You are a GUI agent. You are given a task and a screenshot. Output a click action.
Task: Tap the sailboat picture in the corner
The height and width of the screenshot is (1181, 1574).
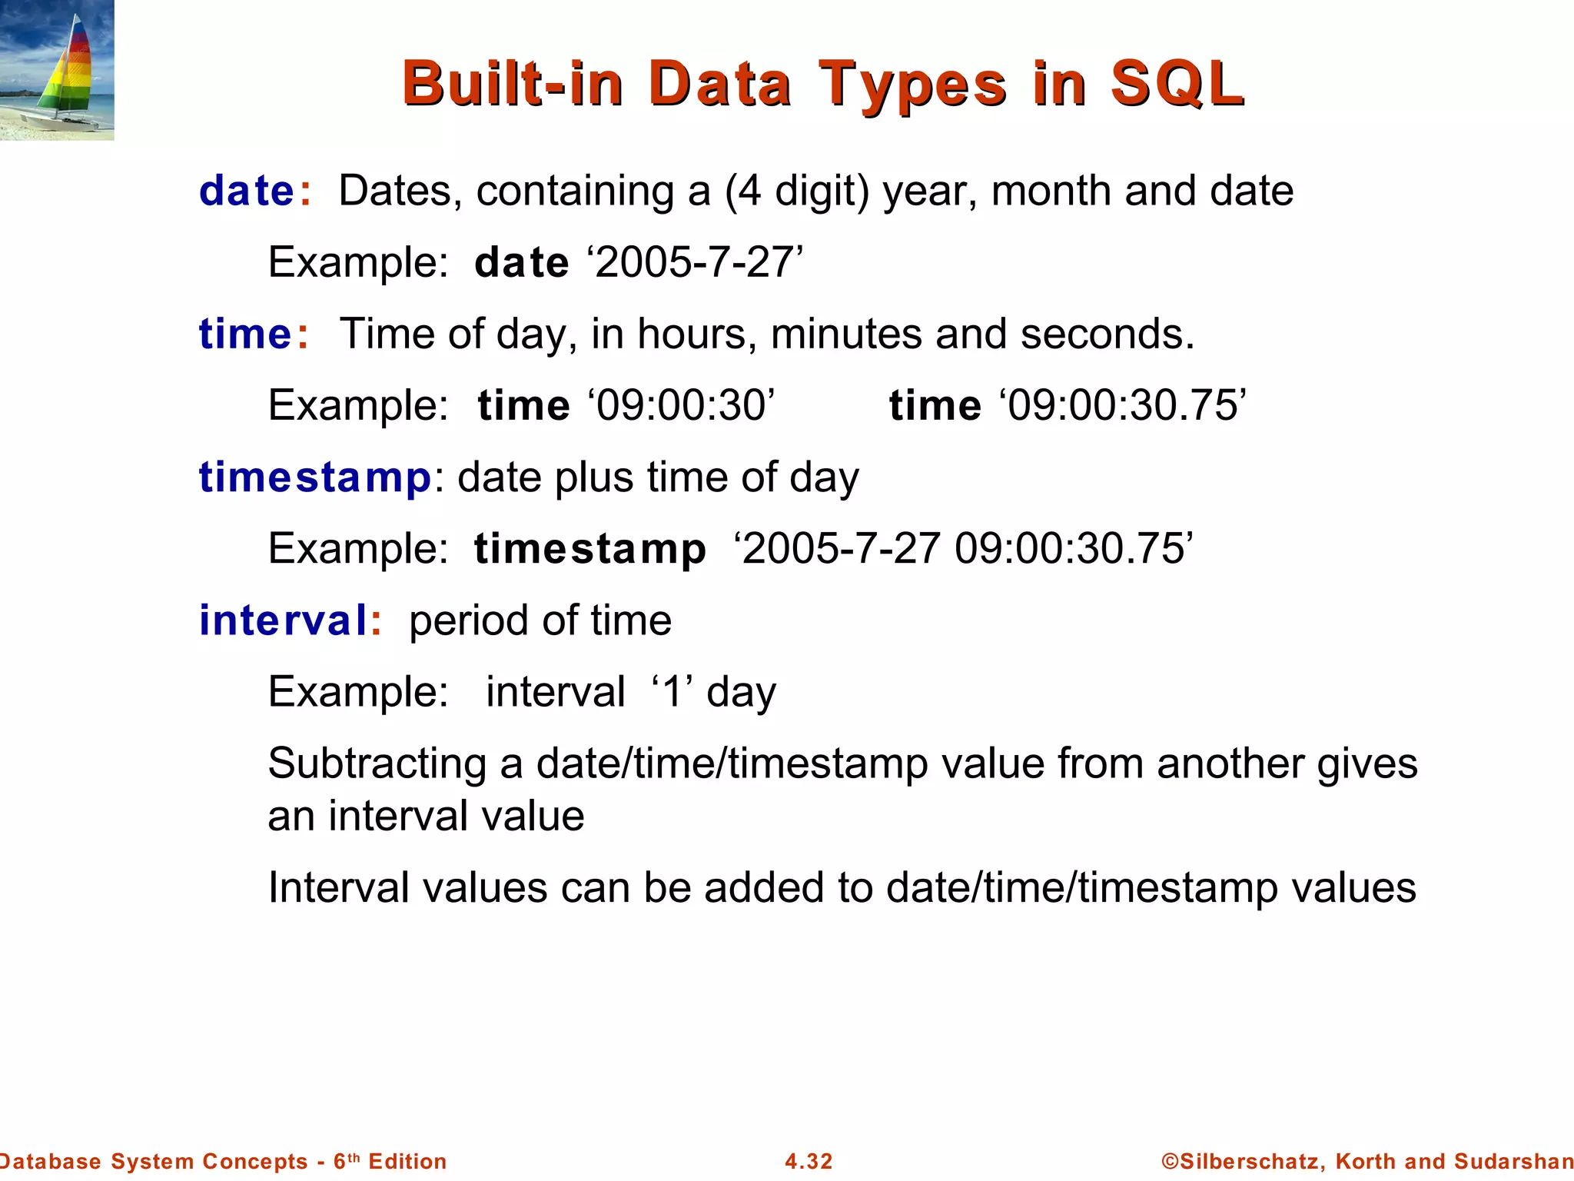(57, 70)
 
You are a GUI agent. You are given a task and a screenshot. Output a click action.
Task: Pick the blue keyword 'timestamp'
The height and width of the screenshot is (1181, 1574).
(315, 477)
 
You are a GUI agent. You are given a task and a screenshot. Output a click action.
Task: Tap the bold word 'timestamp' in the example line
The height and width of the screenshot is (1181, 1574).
(590, 549)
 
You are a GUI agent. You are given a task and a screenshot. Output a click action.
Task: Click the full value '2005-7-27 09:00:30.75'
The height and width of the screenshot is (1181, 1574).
(964, 549)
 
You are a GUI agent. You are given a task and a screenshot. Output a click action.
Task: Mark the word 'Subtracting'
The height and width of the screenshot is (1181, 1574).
(377, 763)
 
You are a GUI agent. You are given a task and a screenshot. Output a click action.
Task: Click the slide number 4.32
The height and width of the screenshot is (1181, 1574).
(809, 1161)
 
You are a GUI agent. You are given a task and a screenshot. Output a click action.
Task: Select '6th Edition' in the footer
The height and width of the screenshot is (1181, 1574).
(390, 1161)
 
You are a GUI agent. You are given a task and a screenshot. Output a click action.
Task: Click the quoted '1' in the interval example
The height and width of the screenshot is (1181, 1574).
(673, 691)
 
